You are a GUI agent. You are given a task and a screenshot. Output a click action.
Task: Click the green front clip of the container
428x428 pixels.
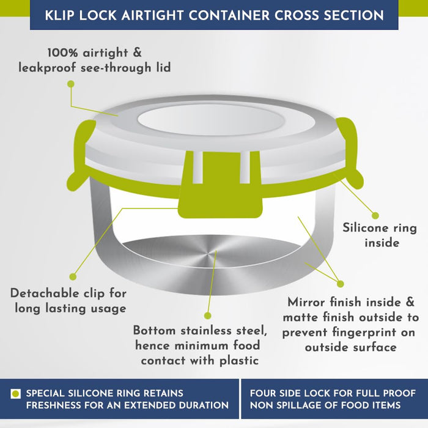click(x=220, y=185)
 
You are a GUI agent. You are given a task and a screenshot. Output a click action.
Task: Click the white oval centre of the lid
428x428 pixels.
click(x=211, y=120)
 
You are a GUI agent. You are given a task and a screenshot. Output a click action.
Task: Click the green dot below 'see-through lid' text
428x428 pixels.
click(x=71, y=84)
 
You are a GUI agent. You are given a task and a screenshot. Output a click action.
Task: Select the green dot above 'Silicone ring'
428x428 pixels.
click(x=375, y=216)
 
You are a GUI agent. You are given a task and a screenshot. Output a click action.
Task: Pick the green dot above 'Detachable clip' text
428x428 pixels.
click(x=73, y=277)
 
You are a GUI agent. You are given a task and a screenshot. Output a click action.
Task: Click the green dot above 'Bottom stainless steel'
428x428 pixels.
click(x=208, y=316)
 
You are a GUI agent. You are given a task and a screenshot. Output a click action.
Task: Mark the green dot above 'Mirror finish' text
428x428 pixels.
click(x=340, y=284)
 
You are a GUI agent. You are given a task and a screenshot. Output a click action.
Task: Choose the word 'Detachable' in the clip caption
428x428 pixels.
click(x=45, y=293)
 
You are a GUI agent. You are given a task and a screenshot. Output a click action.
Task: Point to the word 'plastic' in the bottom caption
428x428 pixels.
click(x=239, y=361)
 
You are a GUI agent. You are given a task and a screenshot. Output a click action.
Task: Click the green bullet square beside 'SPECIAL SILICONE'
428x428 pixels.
click(x=15, y=394)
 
